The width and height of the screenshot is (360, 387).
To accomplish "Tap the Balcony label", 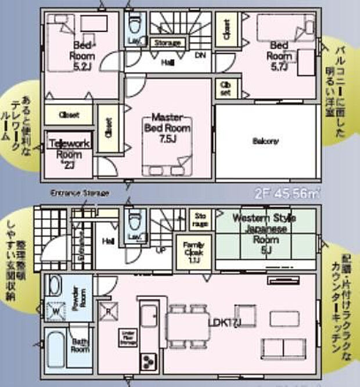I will click(x=265, y=141).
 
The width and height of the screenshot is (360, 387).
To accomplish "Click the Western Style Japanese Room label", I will click(x=264, y=232).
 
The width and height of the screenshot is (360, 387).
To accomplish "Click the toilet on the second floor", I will click(x=135, y=26).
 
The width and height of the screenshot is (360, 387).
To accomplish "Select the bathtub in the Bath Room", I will click(x=56, y=349).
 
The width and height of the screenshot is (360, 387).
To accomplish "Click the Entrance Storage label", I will click(x=80, y=193).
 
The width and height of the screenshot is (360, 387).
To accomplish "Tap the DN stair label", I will click(x=200, y=56).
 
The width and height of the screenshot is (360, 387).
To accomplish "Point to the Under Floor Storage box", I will click(x=127, y=338).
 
